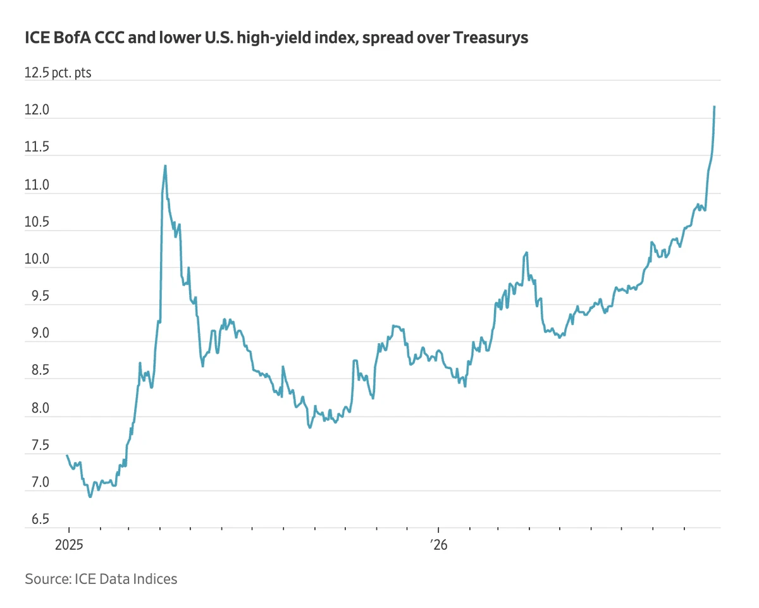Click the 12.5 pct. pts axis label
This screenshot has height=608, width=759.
58,73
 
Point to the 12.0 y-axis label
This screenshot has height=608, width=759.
37,110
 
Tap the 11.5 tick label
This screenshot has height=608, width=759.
37,147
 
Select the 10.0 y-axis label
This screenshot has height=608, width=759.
37,259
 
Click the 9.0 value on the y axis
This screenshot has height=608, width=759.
40,333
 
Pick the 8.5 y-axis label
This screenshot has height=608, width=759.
40,370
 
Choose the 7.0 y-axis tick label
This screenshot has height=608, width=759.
40,482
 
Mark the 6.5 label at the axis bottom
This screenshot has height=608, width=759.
40,519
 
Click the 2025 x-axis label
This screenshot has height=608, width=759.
69,545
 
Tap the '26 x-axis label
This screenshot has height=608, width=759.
439,545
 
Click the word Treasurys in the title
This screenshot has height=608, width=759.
491,38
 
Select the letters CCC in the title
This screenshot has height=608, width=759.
109,37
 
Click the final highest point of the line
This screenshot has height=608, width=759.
714,106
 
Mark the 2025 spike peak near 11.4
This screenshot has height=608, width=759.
165,166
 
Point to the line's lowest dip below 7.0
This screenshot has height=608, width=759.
90,497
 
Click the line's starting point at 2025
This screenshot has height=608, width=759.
67,455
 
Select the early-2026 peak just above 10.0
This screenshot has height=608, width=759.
527,252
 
